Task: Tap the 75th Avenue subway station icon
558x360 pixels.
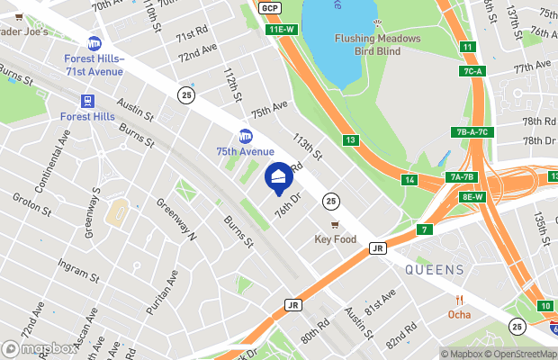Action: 245,136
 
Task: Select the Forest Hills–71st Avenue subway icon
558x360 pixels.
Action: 94,43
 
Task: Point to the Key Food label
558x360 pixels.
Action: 335,239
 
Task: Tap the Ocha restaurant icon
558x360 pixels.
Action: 459,300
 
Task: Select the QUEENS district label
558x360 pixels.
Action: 434,269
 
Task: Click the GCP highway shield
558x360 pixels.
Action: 268,8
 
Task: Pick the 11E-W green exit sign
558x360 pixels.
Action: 282,30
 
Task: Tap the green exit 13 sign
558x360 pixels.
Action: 351,139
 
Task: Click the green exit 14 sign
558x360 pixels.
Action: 409,180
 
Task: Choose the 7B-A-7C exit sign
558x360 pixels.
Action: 470,132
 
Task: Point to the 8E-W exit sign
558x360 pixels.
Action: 472,196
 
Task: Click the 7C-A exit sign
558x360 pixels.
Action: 475,70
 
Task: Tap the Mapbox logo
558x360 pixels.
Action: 39,348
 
